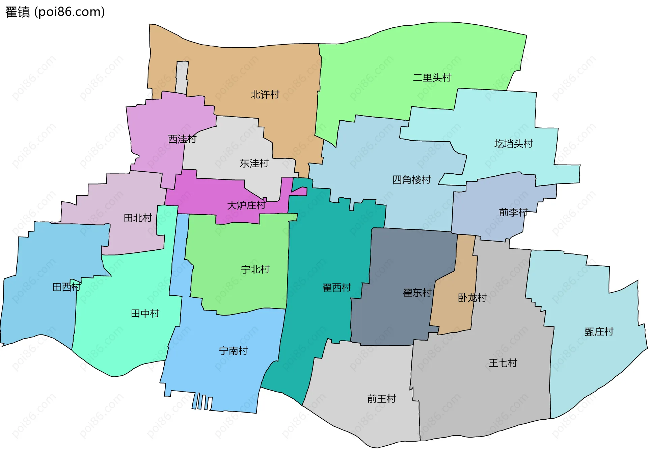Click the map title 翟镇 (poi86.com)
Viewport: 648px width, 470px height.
tap(55, 12)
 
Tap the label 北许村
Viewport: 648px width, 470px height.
tap(265, 95)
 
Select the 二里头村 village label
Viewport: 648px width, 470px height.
tap(432, 78)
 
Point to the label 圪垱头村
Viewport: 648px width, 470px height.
tap(513, 144)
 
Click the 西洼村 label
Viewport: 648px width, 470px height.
tap(182, 139)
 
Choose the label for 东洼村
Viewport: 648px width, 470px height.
tap(254, 164)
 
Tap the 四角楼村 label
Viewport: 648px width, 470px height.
tap(411, 180)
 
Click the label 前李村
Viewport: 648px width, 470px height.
tap(513, 213)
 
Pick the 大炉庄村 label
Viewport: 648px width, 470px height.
tap(246, 205)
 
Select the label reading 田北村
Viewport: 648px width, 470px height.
tap(138, 218)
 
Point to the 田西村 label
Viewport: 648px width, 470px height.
tap(66, 287)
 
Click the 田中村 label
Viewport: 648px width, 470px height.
tap(145, 314)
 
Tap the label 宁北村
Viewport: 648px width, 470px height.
tap(255, 270)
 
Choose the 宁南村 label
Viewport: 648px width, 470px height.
tap(233, 351)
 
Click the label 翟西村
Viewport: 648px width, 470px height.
tap(336, 288)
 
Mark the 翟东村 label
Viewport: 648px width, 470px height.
tap(417, 293)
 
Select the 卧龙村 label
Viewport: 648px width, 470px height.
tap(472, 298)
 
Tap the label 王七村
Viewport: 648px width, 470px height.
tap(503, 363)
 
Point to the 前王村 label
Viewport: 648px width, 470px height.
tap(381, 399)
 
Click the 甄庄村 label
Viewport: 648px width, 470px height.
tap(599, 332)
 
